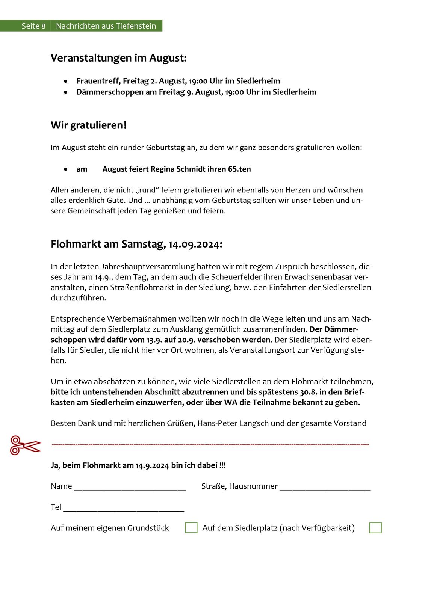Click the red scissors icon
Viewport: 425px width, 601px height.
click(x=25, y=445)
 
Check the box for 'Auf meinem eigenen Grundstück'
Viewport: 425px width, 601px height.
click(x=191, y=528)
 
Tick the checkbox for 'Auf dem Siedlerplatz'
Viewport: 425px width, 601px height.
click(x=375, y=528)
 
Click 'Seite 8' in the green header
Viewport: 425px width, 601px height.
click(x=33, y=26)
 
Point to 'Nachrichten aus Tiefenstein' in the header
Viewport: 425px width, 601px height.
click(x=106, y=26)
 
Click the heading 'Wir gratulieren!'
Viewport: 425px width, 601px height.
click(x=89, y=125)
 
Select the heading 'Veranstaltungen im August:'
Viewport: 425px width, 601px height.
click(x=119, y=58)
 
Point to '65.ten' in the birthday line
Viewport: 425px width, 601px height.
click(x=239, y=169)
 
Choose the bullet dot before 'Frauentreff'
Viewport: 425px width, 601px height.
click(x=66, y=81)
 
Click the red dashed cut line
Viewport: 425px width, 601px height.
click(x=210, y=445)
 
